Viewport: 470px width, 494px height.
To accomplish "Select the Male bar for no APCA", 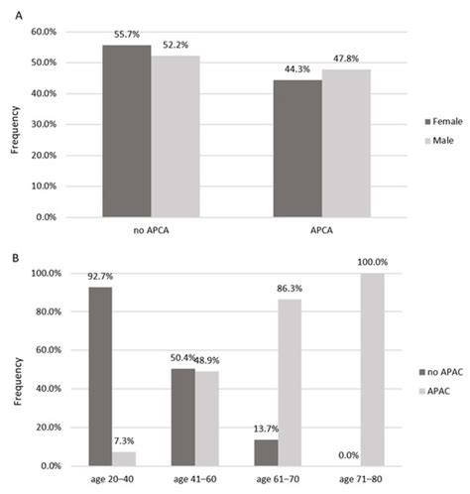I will click(175, 136).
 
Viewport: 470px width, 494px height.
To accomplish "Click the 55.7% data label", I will click(127, 36).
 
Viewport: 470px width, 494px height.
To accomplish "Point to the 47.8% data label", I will click(345, 60).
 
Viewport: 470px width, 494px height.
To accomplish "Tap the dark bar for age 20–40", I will click(102, 360).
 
